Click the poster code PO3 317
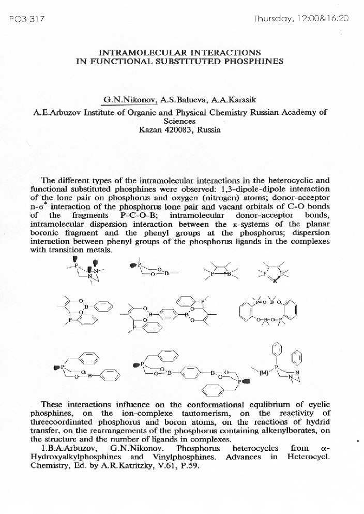click(27, 19)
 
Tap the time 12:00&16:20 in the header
click(323, 18)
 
